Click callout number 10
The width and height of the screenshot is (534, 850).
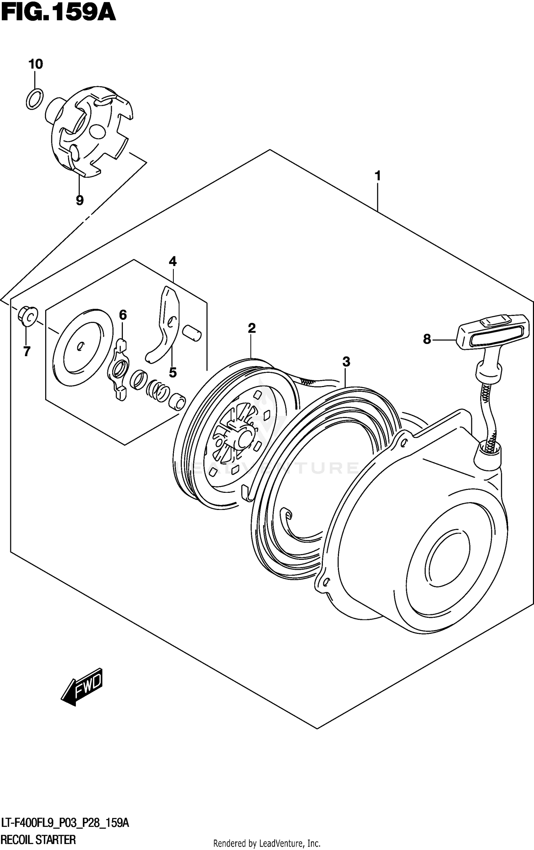point(36,64)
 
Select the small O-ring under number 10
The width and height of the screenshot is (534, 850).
point(35,99)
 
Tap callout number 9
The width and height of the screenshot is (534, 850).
point(80,200)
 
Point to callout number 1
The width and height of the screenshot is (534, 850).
point(378,176)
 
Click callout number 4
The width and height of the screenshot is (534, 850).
point(173,262)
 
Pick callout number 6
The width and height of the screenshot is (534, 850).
point(122,315)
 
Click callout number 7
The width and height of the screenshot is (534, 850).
point(27,351)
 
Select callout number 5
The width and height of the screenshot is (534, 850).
point(173,373)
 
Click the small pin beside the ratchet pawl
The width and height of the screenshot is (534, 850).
point(192,333)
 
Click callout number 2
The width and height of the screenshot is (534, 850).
point(252,328)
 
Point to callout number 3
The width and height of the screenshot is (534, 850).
point(346,362)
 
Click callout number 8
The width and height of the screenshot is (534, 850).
point(427,339)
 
